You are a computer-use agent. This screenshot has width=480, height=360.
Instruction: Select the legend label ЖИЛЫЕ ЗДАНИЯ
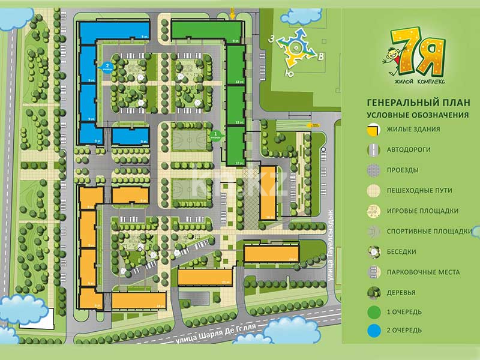(413, 129)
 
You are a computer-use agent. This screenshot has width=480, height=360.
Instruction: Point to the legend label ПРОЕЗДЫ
(403, 170)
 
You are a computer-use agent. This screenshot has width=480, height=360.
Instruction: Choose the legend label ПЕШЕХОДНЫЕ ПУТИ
(419, 190)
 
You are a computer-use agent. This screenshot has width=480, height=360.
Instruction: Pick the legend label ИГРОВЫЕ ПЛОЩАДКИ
(422, 211)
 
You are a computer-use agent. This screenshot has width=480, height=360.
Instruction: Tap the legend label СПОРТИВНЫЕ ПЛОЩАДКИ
(427, 231)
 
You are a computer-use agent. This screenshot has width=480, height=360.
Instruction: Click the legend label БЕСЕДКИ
(401, 251)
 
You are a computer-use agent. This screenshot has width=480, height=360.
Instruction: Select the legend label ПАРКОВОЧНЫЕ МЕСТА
(423, 272)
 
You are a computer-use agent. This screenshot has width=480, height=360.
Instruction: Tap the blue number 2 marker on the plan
(108, 67)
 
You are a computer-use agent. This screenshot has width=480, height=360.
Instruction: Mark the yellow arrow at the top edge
(233, 10)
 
